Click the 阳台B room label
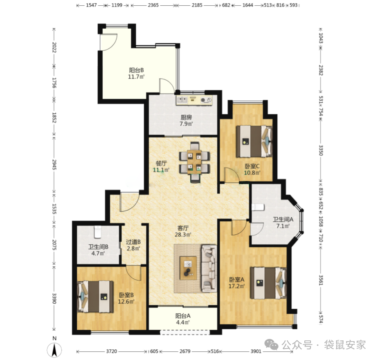tap(137, 70)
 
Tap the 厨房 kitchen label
tap(187, 117)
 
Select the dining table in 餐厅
tap(194, 162)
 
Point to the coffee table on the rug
tap(188, 268)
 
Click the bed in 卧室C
tap(254, 141)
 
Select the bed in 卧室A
tap(268, 283)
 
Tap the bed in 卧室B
tap(95, 297)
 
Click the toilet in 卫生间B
tap(98, 232)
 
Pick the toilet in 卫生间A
tap(258, 207)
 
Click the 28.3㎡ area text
tap(183, 234)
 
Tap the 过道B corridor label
tap(133, 242)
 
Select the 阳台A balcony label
tap(183, 316)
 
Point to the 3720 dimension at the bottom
tap(112, 351)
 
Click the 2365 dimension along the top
tap(153, 5)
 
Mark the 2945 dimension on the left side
tap(54, 164)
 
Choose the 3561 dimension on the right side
tap(321, 280)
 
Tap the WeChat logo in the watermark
tap(272, 344)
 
